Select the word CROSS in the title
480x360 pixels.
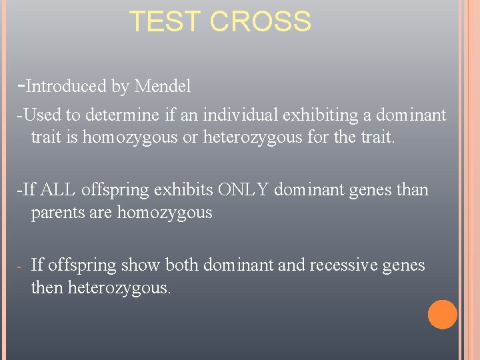click(260, 22)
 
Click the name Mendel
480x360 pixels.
click(163, 87)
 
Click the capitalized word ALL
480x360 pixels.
click(59, 190)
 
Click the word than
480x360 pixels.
click(413, 190)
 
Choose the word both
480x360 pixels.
click(181, 265)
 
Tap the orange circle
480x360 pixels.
click(442, 315)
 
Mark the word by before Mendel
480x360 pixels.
click(121, 87)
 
